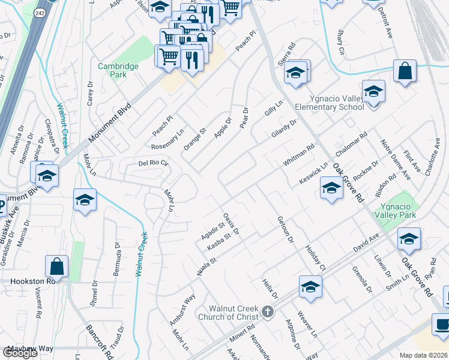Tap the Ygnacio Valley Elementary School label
click(x=330, y=103)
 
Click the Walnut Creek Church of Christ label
click(x=232, y=313)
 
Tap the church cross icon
click(x=268, y=312)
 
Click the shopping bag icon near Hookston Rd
click(x=56, y=266)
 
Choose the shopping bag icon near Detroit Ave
click(x=405, y=70)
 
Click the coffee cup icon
click(x=443, y=325)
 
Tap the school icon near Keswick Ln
click(x=331, y=188)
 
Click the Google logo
click(x=20, y=352)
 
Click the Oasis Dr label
click(x=232, y=223)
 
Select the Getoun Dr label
click(x=285, y=230)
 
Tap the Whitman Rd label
click(x=298, y=156)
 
